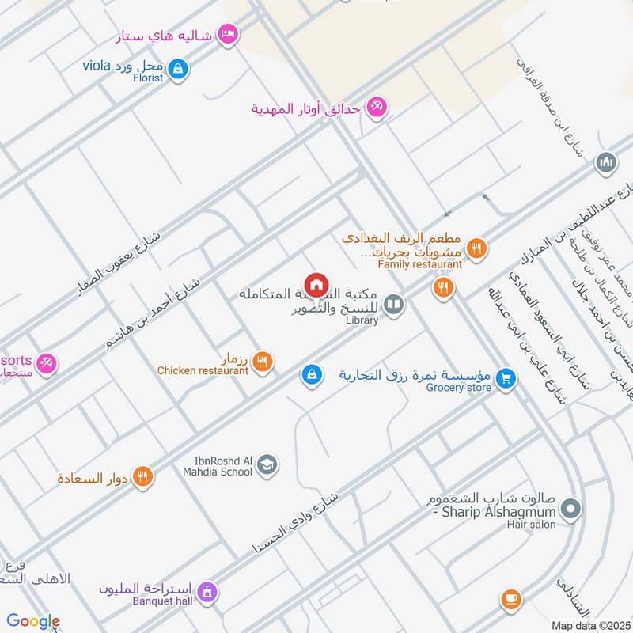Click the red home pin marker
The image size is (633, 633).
point(316,285)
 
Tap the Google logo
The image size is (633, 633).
point(33,622)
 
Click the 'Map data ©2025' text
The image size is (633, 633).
point(589,625)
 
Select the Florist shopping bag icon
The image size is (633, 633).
point(179,68)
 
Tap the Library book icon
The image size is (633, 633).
point(392,304)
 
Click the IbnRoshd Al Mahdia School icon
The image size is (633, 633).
point(267,464)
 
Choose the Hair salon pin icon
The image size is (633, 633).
point(572,509)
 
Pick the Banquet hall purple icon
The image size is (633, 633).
point(207,592)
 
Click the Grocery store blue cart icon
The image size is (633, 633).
point(507,381)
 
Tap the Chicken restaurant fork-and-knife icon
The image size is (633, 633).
point(264,362)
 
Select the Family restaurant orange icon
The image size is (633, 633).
point(475,247)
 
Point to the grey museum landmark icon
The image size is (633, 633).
point(607,162)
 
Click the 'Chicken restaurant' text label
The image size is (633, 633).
point(203,370)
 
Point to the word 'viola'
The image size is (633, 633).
point(98,64)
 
